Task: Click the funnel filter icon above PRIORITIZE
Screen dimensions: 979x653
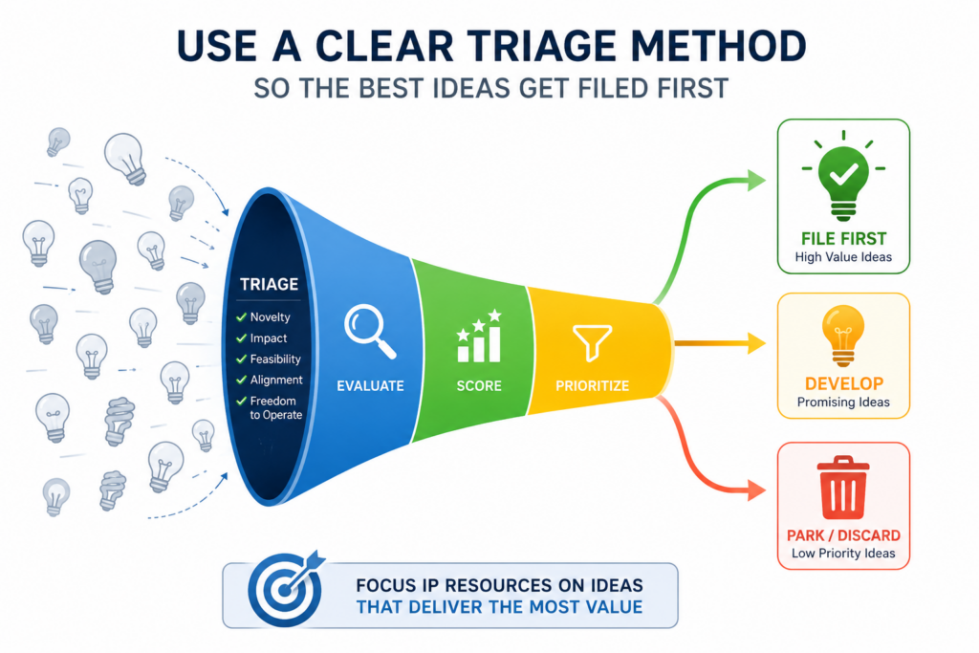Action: [592, 342]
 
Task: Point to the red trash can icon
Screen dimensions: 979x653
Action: [843, 488]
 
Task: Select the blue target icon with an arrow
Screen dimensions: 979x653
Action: [287, 588]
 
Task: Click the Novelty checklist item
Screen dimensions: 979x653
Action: [263, 317]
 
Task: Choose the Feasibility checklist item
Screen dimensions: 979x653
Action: [269, 359]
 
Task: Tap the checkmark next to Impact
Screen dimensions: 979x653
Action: [241, 338]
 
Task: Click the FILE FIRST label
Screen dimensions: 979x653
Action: [843, 238]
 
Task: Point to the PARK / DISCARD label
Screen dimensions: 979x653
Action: [843, 535]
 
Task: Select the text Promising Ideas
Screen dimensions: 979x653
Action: [843, 403]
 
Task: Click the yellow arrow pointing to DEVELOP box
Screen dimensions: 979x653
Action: [720, 342]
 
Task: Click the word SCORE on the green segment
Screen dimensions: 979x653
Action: [479, 386]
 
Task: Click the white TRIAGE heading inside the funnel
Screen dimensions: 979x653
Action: [269, 284]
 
